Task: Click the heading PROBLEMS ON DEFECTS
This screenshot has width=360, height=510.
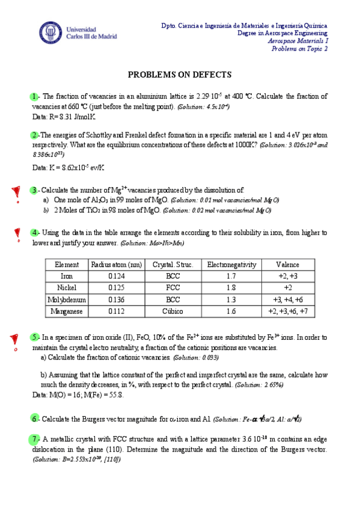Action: [180, 75]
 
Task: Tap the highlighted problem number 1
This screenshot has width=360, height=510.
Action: [34, 97]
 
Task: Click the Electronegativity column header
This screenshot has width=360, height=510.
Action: [231, 265]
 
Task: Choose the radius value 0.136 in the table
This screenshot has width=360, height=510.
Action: [117, 300]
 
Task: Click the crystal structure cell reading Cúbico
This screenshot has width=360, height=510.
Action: [172, 312]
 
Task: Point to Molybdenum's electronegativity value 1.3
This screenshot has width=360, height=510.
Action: [231, 300]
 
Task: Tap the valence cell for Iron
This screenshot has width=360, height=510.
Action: [287, 276]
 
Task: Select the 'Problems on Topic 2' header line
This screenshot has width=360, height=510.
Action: [299, 49]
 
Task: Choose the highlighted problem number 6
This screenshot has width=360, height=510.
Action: [34, 419]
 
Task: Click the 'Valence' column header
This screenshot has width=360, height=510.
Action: [287, 265]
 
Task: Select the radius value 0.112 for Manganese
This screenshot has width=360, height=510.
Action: [117, 312]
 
